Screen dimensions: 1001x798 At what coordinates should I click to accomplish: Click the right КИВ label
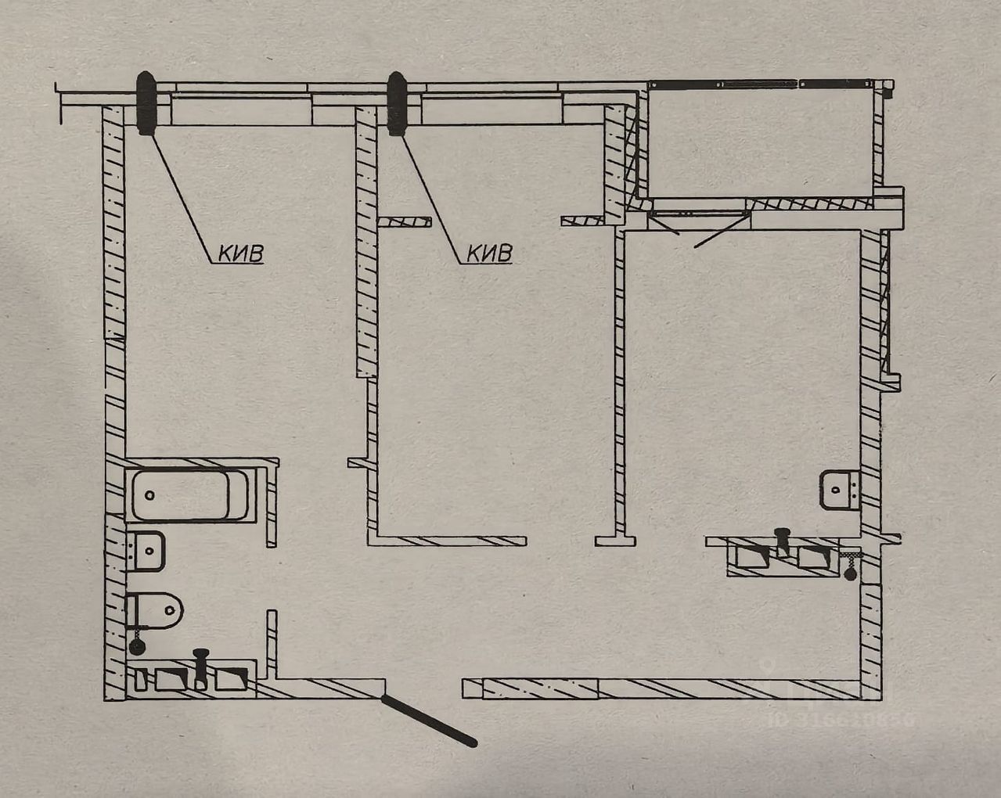489,253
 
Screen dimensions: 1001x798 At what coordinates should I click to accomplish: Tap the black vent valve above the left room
146,102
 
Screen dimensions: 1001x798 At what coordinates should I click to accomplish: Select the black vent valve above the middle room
397,103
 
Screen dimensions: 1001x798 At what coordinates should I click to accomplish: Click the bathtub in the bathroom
189,495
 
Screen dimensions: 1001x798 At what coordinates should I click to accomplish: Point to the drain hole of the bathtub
150,495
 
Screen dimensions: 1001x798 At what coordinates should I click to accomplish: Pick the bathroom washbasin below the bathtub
147,551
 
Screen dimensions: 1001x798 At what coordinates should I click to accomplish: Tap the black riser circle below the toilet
137,646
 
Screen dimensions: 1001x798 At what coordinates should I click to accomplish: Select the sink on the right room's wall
840,490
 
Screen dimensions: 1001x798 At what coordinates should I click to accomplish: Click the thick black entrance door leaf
429,721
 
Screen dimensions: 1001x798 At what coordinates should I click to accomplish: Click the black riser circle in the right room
851,574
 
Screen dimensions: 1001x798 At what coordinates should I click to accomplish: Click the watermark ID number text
841,719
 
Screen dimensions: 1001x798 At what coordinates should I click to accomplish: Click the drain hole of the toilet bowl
168,610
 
